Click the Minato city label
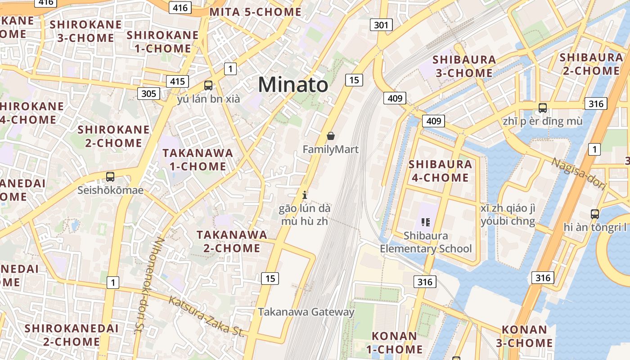[293, 85]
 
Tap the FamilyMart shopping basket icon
[331, 136]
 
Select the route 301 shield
[381, 25]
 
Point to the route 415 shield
[178, 81]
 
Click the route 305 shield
[148, 93]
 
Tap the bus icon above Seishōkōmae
[110, 177]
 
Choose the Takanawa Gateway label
[306, 312]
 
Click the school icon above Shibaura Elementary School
[426, 222]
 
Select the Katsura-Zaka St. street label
[206, 317]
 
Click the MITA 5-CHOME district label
[256, 12]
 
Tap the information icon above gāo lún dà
[305, 195]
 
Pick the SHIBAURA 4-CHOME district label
[441, 171]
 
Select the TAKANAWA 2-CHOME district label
[232, 241]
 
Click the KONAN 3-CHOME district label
[524, 336]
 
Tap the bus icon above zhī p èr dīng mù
[543, 108]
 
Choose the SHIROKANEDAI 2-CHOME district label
[72, 335]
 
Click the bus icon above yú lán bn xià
[208, 85]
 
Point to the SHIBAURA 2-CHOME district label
[591, 64]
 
